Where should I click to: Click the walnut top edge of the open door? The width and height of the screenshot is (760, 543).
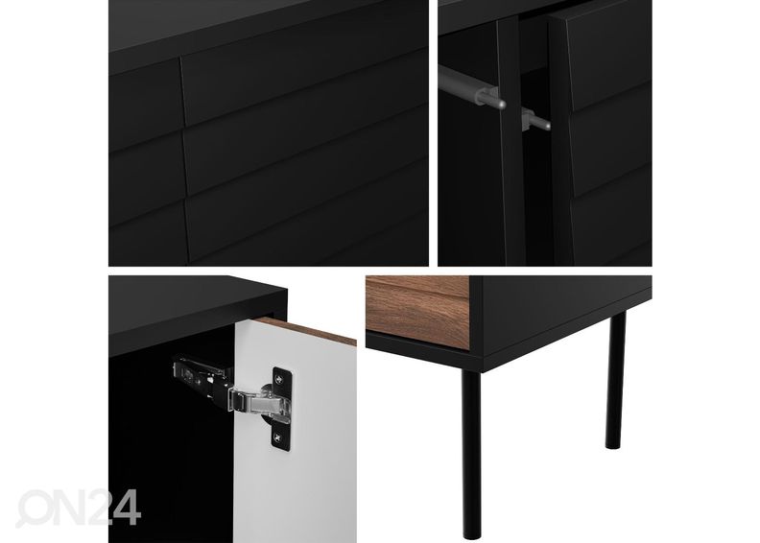coord(306,330)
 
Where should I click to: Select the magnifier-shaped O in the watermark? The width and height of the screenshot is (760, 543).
coord(33,508)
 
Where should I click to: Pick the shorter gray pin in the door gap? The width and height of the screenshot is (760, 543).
coord(535,120)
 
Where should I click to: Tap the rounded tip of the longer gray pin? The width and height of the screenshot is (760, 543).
coord(503,104)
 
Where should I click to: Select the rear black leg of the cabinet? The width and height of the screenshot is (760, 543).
coord(615,380)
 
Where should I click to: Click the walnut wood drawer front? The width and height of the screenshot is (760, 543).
coord(416,309)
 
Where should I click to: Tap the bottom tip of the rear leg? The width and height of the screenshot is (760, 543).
coord(614,446)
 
